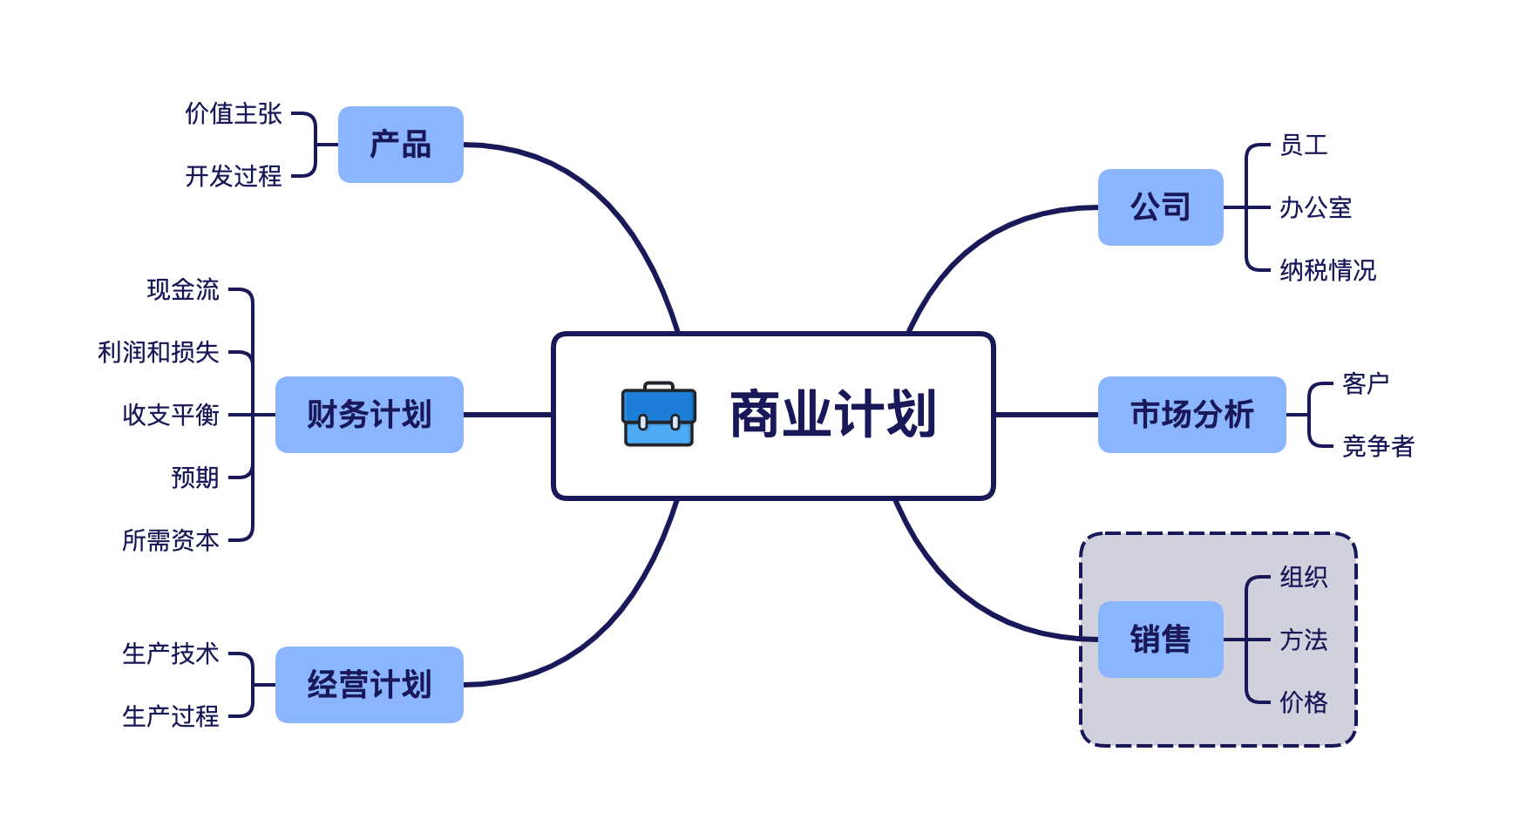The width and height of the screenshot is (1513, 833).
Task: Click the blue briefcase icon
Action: point(659,414)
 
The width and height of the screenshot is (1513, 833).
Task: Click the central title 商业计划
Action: point(832,414)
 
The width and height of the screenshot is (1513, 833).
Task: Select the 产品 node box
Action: point(400,145)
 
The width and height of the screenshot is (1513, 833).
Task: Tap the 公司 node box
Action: point(1160,207)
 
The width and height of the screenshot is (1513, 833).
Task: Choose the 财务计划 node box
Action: point(369,415)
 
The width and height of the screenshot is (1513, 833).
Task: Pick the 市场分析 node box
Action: point(1191,415)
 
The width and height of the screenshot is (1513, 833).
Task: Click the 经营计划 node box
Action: point(369,685)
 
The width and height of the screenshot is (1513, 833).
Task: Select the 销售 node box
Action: point(1160,640)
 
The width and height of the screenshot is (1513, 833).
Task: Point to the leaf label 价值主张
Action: point(234,113)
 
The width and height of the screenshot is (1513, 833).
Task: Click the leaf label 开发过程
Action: point(234,176)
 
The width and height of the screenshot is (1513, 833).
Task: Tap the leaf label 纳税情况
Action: point(1327,270)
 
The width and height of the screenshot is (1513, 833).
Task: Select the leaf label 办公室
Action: point(1315,207)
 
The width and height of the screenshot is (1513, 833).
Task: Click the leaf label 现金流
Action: point(183,289)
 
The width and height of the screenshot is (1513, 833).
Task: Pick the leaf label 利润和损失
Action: point(159,352)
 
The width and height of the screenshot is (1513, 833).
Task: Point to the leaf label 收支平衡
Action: point(171,415)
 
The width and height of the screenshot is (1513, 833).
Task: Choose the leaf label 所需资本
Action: point(171,540)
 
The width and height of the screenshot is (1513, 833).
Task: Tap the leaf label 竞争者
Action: point(1378,446)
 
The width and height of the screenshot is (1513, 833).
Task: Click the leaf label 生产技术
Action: point(171,654)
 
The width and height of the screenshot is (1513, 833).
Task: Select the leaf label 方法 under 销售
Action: point(1303,640)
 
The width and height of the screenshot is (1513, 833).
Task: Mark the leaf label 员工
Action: point(1303,145)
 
